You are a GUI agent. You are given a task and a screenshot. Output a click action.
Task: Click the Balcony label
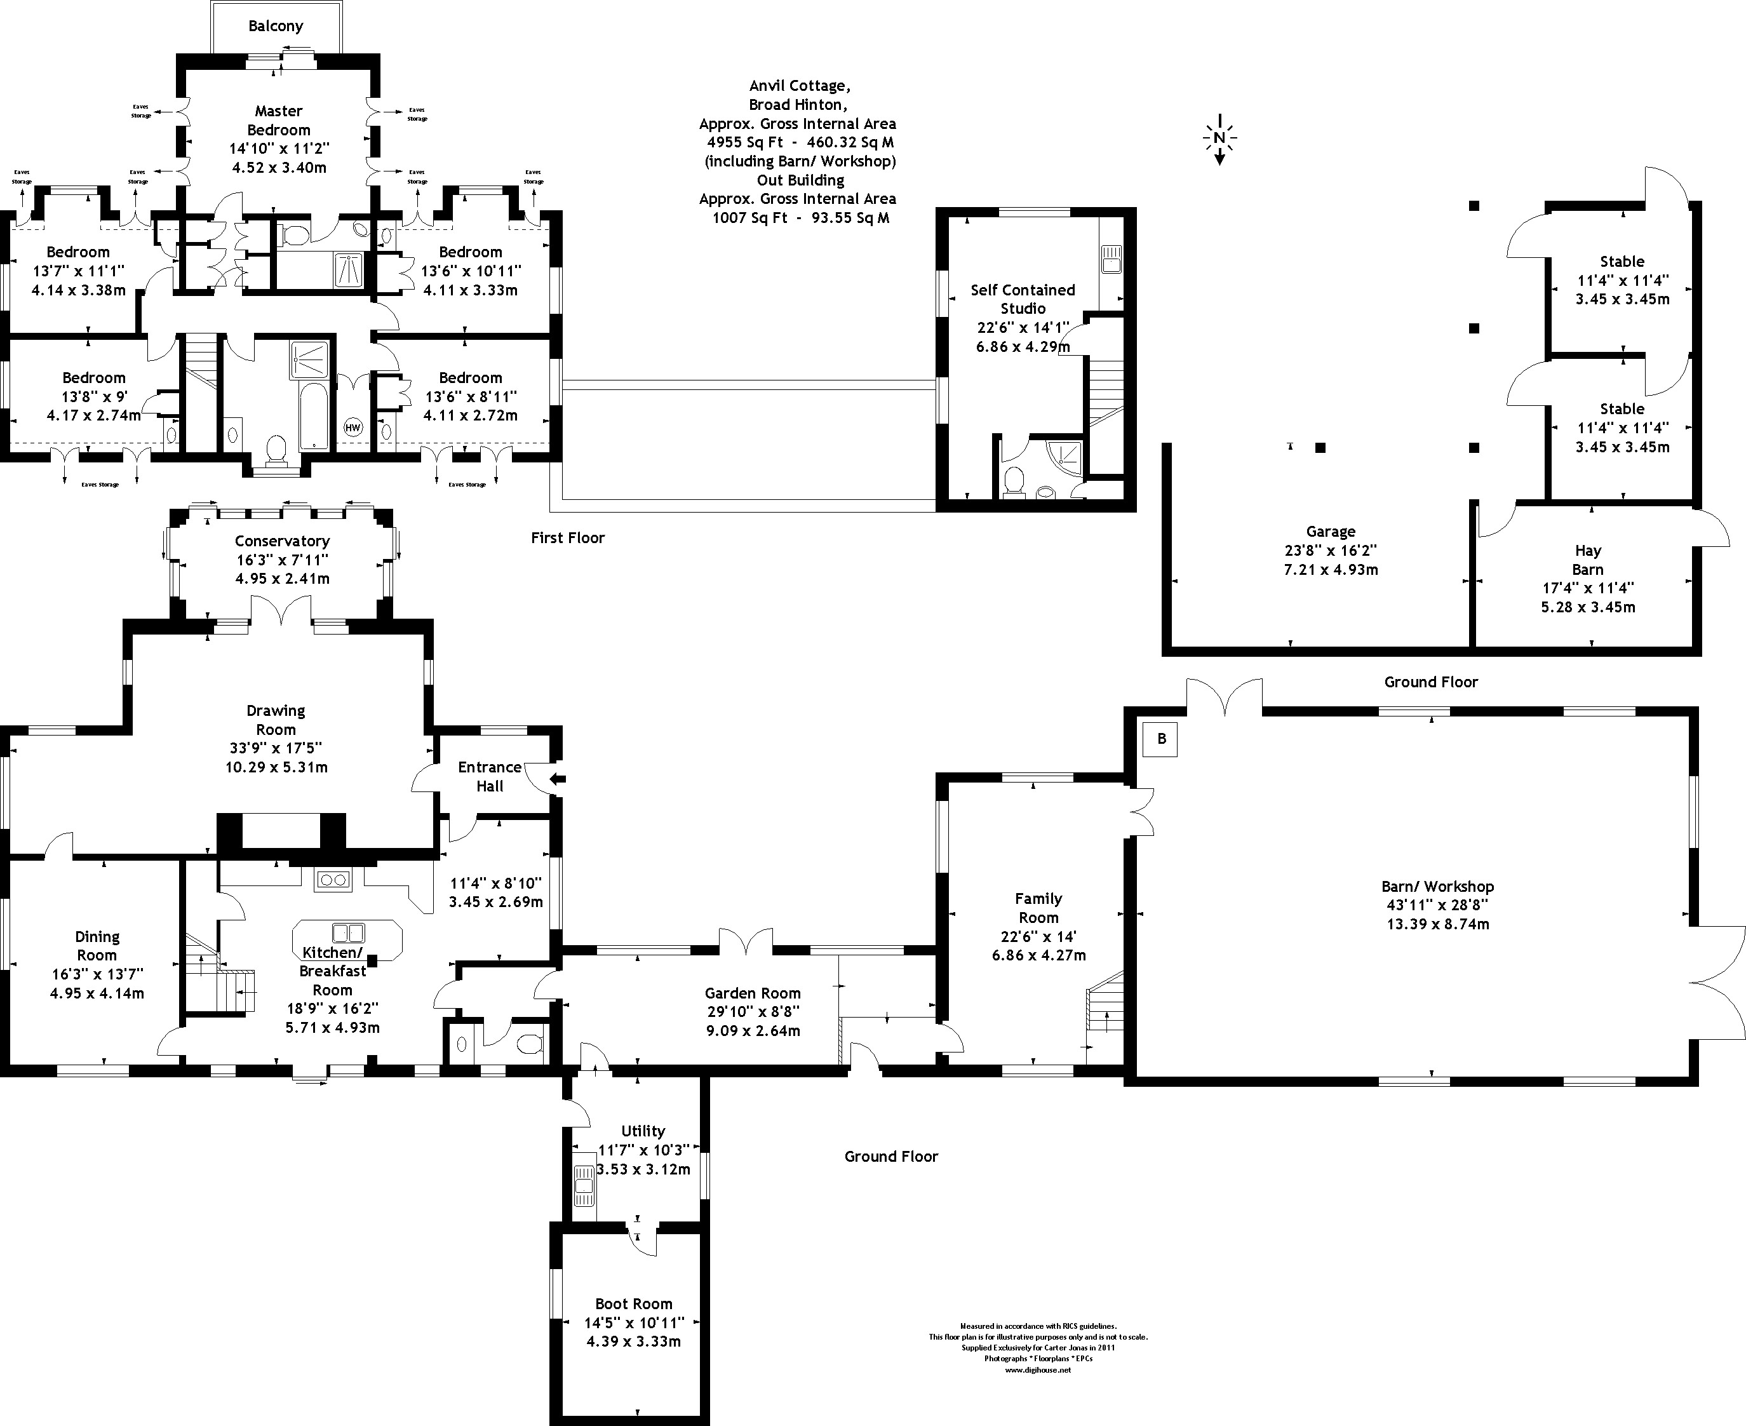(275, 25)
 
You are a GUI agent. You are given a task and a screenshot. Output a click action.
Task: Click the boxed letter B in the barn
(1160, 739)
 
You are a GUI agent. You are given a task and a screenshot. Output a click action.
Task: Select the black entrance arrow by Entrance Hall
(558, 779)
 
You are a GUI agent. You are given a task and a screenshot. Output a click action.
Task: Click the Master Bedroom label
(278, 120)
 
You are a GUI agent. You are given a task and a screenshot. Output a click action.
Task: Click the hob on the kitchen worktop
(333, 880)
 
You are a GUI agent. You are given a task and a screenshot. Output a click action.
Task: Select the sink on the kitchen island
(347, 932)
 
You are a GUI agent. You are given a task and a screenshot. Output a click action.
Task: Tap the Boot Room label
(633, 1303)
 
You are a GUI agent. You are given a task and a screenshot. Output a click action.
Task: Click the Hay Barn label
(1587, 560)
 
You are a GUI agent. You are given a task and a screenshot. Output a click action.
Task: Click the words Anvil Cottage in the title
(799, 85)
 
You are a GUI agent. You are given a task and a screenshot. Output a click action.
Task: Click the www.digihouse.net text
(1038, 1369)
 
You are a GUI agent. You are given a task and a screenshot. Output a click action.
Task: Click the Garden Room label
(752, 993)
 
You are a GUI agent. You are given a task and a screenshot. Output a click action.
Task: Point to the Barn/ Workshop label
(1437, 886)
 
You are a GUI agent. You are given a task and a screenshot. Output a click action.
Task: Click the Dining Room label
(97, 945)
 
